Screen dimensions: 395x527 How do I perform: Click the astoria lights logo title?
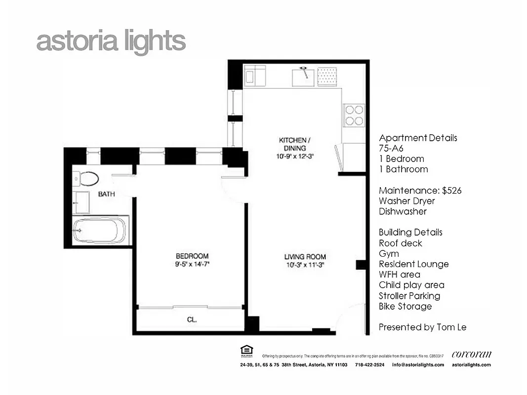click(x=111, y=42)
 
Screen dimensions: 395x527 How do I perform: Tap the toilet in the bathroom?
click(x=86, y=178)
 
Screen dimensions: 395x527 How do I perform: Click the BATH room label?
click(x=106, y=194)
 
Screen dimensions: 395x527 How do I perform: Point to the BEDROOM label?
click(x=192, y=256)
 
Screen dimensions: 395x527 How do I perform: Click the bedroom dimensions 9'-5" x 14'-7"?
click(x=192, y=264)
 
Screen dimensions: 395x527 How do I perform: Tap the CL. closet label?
click(x=192, y=319)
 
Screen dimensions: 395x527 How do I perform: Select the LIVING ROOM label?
click(x=305, y=256)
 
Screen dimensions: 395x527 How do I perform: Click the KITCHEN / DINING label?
click(x=295, y=144)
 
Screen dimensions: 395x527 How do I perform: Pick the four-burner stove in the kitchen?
click(x=354, y=116)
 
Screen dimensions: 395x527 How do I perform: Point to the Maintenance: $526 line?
click(x=420, y=191)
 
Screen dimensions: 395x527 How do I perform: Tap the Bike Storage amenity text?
click(x=405, y=306)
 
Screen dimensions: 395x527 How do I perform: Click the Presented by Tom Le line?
click(x=422, y=327)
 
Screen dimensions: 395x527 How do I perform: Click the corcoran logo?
click(x=471, y=354)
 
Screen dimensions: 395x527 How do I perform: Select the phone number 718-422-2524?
click(x=369, y=365)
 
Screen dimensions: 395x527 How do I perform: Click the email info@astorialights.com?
click(x=418, y=365)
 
